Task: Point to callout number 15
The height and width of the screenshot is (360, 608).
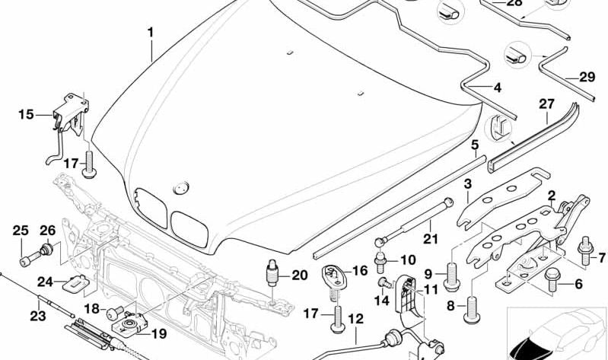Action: [x=26, y=115]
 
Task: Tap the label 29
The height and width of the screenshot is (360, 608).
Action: [x=587, y=77]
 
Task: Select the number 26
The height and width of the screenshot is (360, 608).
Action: [x=47, y=231]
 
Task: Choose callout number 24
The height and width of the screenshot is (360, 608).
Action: [x=46, y=282]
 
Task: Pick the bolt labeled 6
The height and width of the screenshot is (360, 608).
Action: [x=550, y=283]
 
